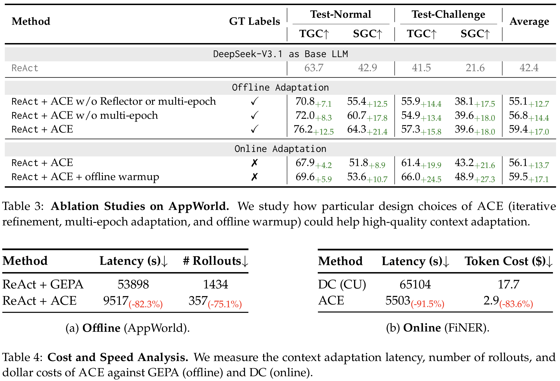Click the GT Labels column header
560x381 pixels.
254,21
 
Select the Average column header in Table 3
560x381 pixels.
529,21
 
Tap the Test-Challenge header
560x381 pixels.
448,14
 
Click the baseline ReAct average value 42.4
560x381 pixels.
529,68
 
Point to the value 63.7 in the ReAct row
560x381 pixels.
314,68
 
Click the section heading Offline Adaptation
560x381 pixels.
280,88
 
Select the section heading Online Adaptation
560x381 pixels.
280,149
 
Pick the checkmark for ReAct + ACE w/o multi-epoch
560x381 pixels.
254,115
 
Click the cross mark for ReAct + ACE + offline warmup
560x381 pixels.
254,177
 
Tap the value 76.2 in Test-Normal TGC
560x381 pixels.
303,129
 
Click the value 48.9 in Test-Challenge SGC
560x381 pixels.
464,177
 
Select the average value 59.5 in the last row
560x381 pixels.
518,177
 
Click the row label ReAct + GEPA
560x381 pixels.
43,284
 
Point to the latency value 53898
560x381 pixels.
133,284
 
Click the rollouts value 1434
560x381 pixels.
215,284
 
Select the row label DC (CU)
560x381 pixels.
342,284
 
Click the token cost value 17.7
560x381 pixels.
508,284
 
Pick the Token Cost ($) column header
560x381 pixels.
508,261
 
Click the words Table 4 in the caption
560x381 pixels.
22,357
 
